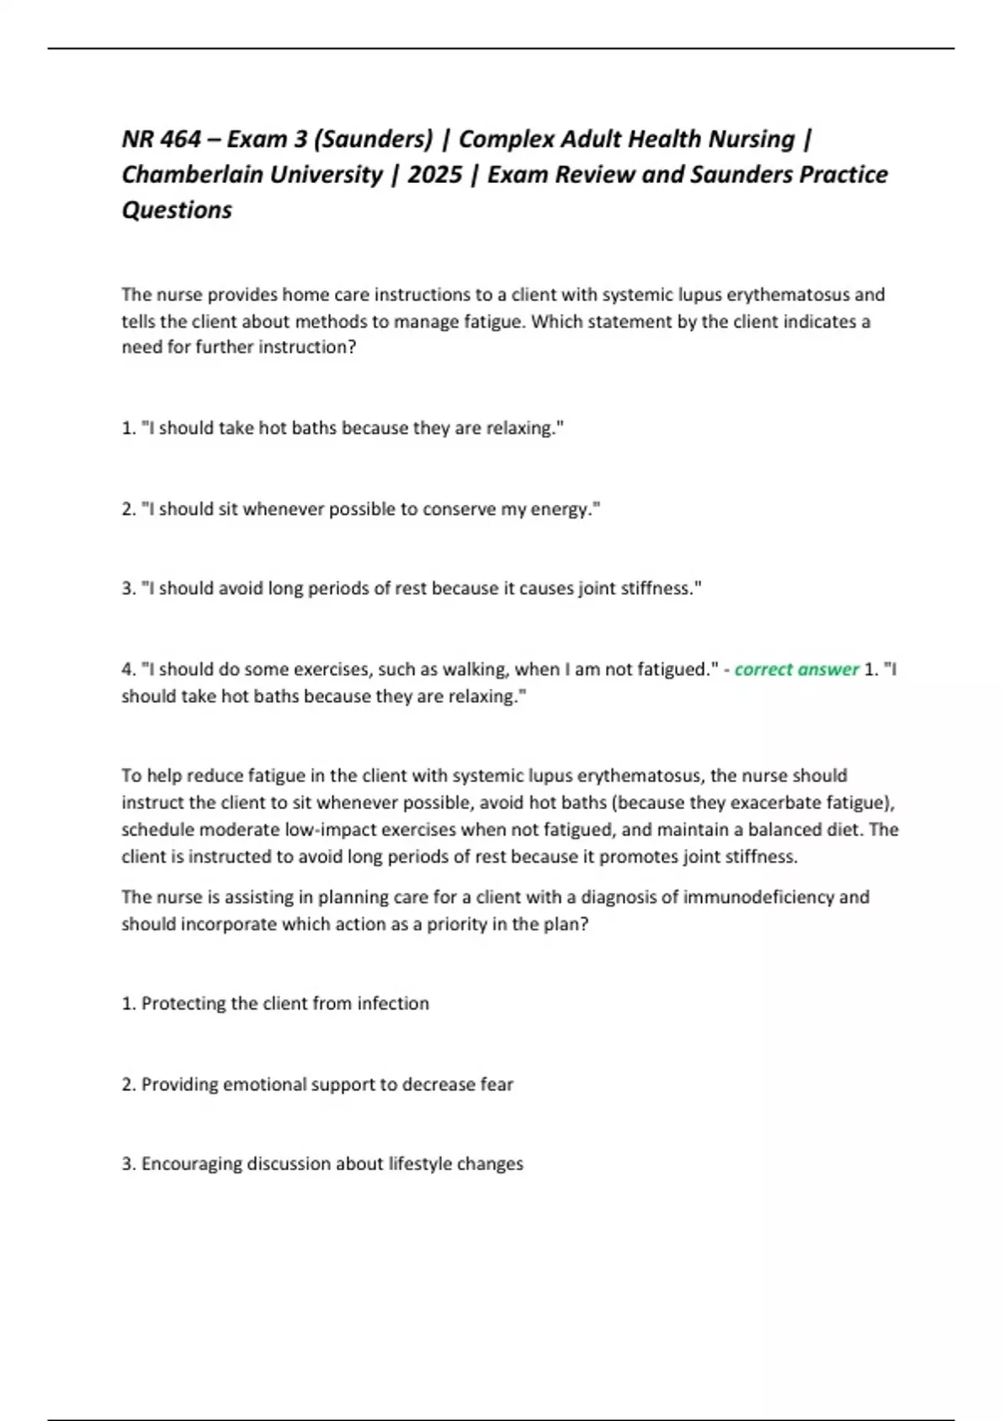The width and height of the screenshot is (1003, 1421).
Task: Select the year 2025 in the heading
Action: (x=435, y=175)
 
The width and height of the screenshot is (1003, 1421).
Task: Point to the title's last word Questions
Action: (x=176, y=210)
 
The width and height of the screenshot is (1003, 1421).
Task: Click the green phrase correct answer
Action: (x=796, y=670)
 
